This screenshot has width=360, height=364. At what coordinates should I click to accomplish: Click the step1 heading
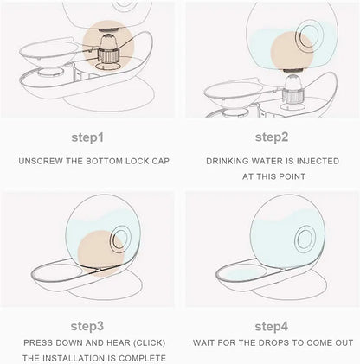pyautogui.click(x=87, y=137)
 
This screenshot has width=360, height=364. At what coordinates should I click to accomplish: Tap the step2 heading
pyautogui.click(x=272, y=137)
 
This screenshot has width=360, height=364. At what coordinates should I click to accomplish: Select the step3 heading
pyautogui.click(x=87, y=326)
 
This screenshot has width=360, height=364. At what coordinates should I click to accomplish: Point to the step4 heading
pyautogui.click(x=272, y=327)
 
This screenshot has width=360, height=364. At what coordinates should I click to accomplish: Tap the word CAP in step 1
pyautogui.click(x=160, y=161)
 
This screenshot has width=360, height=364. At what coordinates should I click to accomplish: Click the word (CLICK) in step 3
pyautogui.click(x=149, y=342)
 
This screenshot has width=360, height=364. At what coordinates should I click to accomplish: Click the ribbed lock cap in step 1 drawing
pyautogui.click(x=109, y=56)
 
